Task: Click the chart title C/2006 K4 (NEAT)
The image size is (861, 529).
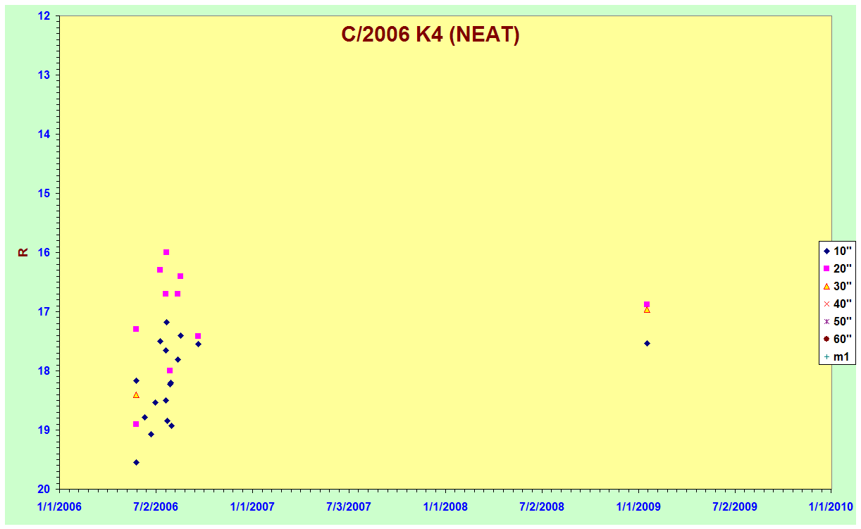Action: (x=430, y=35)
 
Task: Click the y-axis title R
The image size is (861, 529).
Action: (x=23, y=252)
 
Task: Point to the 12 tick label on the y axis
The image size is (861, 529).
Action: (x=44, y=15)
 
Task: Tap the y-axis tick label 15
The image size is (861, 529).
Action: (x=44, y=193)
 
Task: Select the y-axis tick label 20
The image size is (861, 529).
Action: (x=44, y=489)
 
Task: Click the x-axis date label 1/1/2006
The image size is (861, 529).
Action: (x=59, y=506)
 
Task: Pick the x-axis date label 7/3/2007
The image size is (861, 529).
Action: (x=349, y=506)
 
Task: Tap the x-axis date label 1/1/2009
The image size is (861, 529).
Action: (x=638, y=506)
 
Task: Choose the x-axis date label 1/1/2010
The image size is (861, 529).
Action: (x=831, y=506)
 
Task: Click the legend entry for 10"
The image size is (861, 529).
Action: (x=838, y=251)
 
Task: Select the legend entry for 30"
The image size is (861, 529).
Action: (x=838, y=286)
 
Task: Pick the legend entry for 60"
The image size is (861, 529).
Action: (x=838, y=339)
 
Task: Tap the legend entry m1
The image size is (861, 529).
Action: (x=836, y=356)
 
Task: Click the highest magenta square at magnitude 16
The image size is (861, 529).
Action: (x=166, y=252)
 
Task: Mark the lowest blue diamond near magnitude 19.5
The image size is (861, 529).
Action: (x=136, y=462)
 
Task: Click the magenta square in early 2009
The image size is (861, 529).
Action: (x=647, y=304)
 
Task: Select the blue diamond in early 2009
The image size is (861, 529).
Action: (x=647, y=344)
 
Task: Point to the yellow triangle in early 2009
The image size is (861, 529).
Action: (x=647, y=310)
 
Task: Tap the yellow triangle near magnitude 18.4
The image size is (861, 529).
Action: (x=136, y=395)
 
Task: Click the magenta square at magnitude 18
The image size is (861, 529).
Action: (x=170, y=371)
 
